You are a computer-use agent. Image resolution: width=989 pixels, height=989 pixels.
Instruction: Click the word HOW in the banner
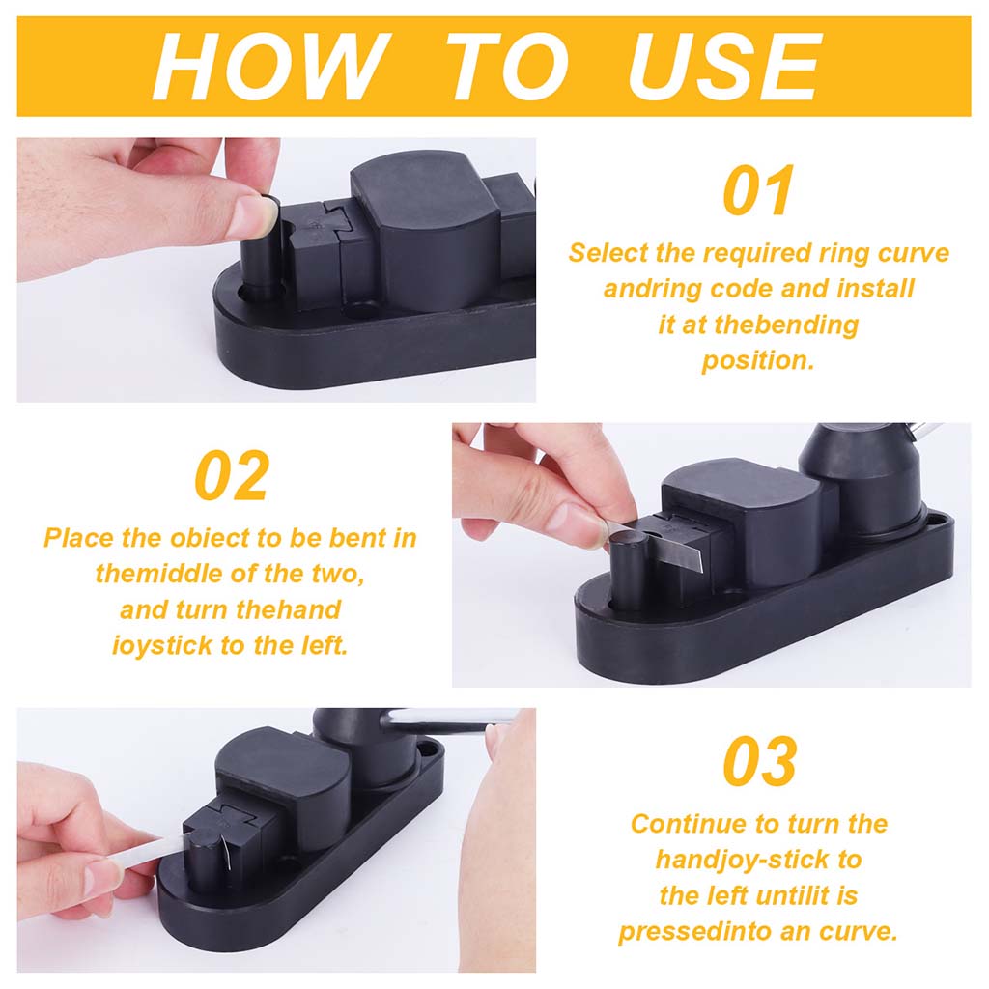pos(271,67)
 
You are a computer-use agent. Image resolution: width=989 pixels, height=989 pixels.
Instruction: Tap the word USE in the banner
pos(724,67)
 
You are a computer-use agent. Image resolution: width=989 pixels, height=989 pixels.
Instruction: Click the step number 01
pos(759,190)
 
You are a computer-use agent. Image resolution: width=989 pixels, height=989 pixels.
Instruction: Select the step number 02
pos(232,475)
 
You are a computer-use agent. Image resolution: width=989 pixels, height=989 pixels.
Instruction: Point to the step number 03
pos(759,761)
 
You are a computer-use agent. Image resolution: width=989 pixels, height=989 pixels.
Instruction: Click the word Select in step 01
pos(608,253)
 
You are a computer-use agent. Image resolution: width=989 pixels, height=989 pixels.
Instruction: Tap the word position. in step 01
pos(758,361)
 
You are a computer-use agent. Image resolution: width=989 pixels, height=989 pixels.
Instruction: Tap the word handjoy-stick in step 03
pos(742,861)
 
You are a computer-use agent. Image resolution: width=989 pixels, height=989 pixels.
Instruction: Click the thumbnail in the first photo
pos(260,214)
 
